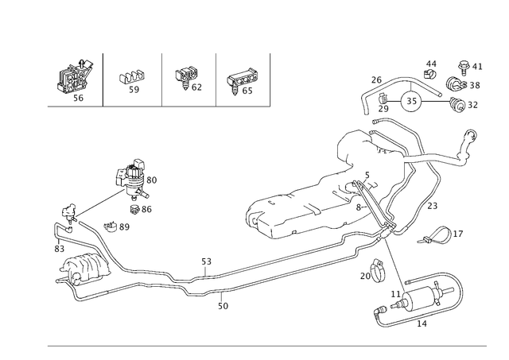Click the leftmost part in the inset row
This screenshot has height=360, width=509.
click(x=77, y=78)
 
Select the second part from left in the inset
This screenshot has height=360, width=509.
click(x=132, y=79)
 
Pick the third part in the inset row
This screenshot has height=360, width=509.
click(x=188, y=78)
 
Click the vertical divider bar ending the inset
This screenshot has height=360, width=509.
click(x=270, y=79)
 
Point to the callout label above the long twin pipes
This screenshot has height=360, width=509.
click(x=205, y=260)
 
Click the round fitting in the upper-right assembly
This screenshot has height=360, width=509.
click(x=412, y=101)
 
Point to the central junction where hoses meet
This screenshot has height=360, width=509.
click(x=380, y=213)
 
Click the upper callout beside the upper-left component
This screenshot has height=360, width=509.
click(x=151, y=181)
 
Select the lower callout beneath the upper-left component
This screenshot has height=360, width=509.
click(x=146, y=208)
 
